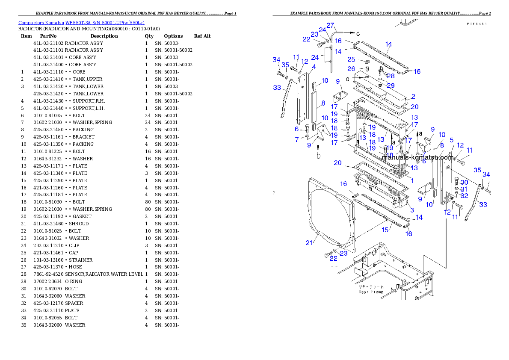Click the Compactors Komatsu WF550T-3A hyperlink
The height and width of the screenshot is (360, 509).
(81, 23)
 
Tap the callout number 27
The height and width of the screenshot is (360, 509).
(331, 25)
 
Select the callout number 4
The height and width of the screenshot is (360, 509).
(314, 67)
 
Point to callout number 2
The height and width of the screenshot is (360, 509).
(413, 97)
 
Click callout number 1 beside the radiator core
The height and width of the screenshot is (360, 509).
(412, 180)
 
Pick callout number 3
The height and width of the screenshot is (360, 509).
(412, 210)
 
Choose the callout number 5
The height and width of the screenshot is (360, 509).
(451, 140)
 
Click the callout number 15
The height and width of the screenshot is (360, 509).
(385, 230)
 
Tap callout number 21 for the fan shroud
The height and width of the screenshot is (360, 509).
(309, 243)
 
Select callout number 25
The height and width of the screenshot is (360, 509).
(351, 59)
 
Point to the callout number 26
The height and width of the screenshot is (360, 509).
(351, 69)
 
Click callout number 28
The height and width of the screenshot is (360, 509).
(391, 76)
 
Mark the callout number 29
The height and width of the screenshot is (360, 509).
(391, 86)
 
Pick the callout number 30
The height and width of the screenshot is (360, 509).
(464, 183)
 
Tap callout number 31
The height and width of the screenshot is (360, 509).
(464, 189)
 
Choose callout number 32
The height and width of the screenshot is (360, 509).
(464, 196)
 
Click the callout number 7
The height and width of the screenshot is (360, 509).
(296, 140)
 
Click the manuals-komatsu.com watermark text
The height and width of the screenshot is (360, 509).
(417, 157)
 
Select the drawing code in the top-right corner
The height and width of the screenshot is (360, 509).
(476, 24)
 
